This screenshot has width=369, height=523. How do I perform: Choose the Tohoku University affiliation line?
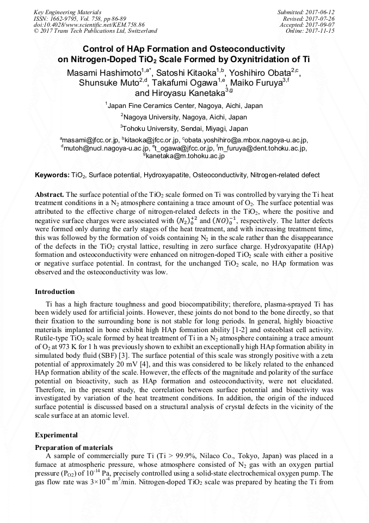pyautogui.click(x=185, y=129)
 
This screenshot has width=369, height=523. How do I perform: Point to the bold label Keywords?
pyautogui.click(x=52, y=175)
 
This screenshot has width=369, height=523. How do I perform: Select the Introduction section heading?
pyautogui.click(x=55, y=291)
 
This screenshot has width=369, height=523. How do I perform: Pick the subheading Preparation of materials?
pyautogui.click(x=73, y=447)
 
